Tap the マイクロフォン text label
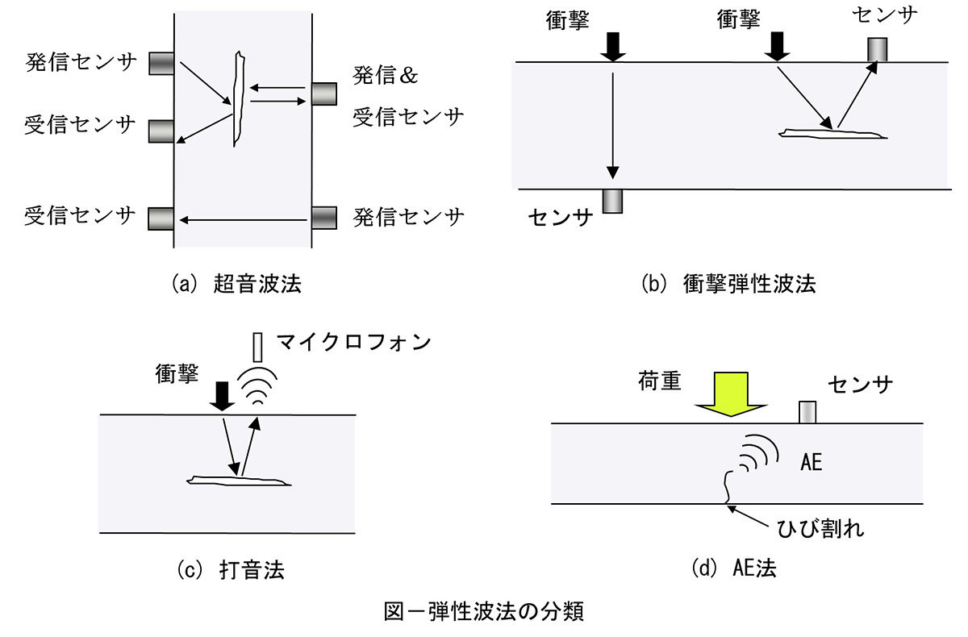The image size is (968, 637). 354,341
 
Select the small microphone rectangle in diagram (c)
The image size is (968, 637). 257,348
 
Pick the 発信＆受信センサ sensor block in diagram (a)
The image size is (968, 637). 323,94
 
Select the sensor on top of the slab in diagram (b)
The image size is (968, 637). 877,49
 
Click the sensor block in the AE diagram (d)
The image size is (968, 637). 807,412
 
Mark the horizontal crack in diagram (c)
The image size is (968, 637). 237,481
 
